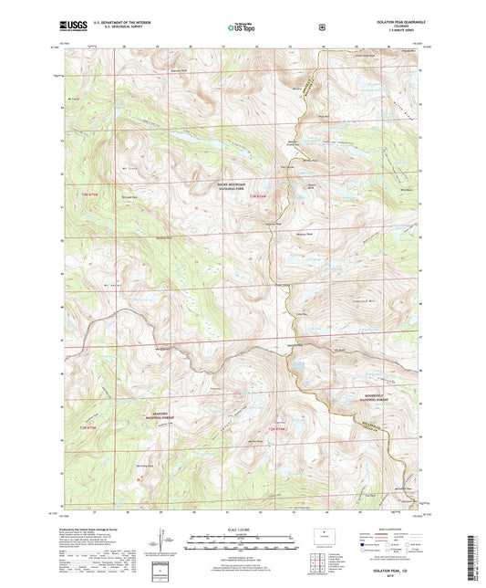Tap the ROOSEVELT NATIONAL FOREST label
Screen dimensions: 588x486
click(376, 397)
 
